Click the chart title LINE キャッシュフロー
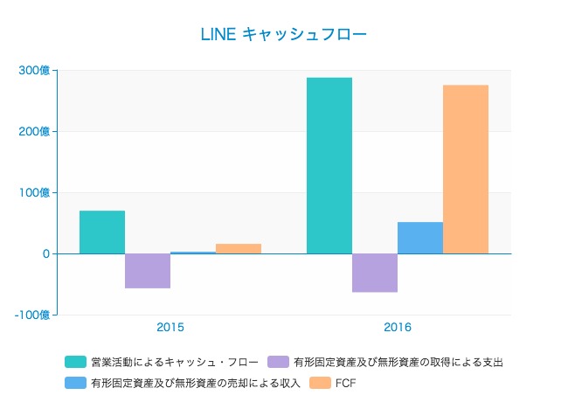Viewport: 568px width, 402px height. [x=284, y=35]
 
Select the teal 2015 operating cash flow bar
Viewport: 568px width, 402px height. [x=102, y=232]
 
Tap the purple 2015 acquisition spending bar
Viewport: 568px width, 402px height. [x=148, y=270]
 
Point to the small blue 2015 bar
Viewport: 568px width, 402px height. [x=193, y=253]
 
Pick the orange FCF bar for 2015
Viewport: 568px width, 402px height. [x=239, y=248]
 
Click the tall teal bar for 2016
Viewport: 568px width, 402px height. [x=329, y=166]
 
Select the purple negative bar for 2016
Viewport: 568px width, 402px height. [x=375, y=273]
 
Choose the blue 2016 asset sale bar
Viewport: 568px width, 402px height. [x=420, y=238]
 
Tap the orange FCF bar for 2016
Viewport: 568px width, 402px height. [x=466, y=170]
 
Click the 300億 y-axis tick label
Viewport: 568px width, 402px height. [x=35, y=70]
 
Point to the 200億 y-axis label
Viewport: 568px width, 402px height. [x=35, y=131]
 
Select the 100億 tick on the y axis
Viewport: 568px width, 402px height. [x=35, y=192]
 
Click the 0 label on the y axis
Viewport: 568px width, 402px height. [x=46, y=253]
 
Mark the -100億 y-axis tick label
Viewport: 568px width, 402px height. [x=33, y=315]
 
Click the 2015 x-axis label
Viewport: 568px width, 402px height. [x=170, y=328]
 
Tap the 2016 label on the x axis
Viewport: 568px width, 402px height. [x=398, y=328]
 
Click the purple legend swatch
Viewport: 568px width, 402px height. [x=279, y=362]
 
